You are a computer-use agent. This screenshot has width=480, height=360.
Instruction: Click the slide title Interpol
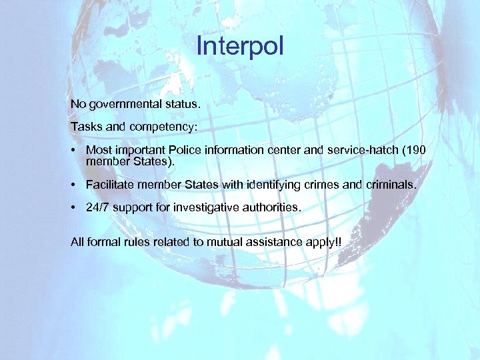(240, 47)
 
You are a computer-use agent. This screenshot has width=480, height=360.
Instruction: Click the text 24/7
(98, 207)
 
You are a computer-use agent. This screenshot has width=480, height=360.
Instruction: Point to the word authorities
(269, 207)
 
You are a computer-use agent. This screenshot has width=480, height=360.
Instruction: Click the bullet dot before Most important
(75, 149)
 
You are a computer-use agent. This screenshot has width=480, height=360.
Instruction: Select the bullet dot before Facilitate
(75, 184)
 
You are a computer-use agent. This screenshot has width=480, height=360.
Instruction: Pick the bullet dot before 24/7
(75, 207)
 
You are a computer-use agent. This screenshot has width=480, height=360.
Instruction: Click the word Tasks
(85, 125)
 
